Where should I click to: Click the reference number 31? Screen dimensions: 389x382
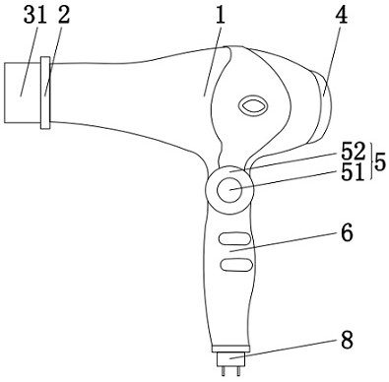pos(35,15)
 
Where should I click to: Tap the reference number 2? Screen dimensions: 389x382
pos(64,15)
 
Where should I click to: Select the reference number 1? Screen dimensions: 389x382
pos(221,15)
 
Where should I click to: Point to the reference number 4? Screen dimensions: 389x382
pos(342,15)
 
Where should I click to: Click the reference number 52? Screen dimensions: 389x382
pos(354,152)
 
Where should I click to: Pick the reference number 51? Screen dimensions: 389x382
pos(354,172)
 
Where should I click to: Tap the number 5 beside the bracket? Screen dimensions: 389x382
pos(380,162)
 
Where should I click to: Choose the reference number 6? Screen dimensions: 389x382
pos(347,232)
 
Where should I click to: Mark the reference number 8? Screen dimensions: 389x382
pos(347,340)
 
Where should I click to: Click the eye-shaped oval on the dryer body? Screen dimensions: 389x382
pos(252,106)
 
